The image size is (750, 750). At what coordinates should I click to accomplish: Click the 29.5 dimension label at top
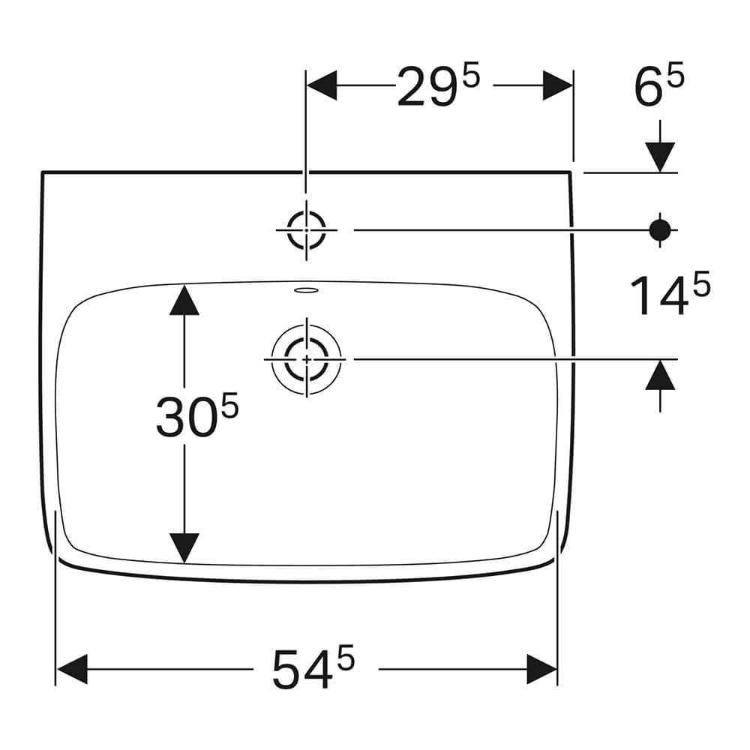pyautogui.click(x=438, y=86)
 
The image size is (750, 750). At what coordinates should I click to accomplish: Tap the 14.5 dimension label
pyautogui.click(x=670, y=293)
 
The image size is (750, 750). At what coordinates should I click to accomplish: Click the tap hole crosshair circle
pyautogui.click(x=306, y=230)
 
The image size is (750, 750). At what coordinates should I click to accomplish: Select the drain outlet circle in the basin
pyautogui.click(x=306, y=358)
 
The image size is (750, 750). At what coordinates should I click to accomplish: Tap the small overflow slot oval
pyautogui.click(x=306, y=289)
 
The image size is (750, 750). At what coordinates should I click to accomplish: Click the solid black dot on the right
pyautogui.click(x=660, y=230)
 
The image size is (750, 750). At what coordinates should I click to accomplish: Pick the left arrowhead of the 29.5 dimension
pyautogui.click(x=322, y=85)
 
